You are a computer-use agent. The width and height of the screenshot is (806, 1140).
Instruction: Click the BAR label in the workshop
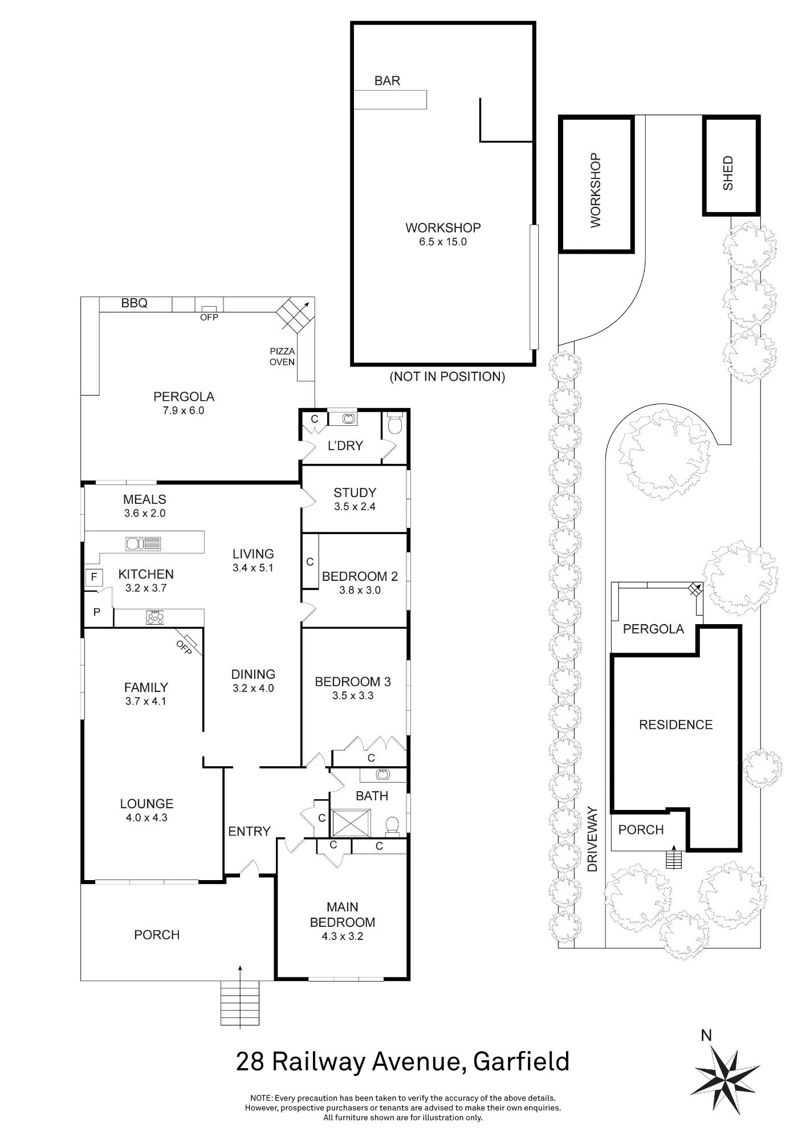[387, 81]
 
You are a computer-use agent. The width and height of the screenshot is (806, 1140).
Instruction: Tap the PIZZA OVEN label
[282, 357]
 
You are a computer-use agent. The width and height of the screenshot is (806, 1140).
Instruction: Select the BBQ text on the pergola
[135, 303]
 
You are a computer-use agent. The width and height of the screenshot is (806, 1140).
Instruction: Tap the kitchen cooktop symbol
[155, 617]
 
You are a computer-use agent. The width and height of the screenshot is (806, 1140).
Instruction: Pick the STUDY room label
[355, 492]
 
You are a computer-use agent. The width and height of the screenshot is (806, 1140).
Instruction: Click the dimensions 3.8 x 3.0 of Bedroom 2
[360, 591]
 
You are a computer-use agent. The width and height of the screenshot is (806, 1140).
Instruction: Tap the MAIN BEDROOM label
[343, 914]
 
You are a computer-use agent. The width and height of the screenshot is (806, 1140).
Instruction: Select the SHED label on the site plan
[728, 173]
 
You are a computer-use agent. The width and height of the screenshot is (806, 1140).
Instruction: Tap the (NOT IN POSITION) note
[447, 376]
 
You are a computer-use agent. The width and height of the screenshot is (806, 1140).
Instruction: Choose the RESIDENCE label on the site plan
[676, 724]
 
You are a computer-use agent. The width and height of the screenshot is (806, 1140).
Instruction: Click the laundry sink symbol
[349, 419]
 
